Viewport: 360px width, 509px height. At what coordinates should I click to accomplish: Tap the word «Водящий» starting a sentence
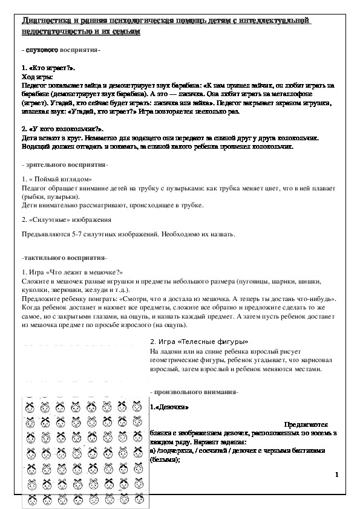click(x=36, y=147)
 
